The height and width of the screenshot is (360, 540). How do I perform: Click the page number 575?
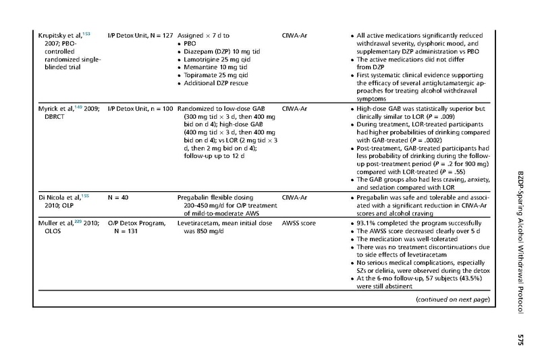click(x=520, y=338)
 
